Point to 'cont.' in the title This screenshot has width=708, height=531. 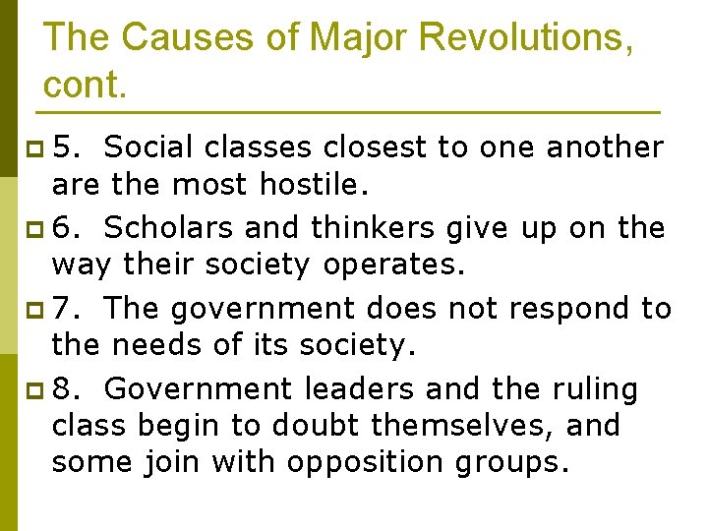(85, 85)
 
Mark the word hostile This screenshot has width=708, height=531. (318, 184)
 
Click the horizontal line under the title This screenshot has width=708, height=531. (351, 110)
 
